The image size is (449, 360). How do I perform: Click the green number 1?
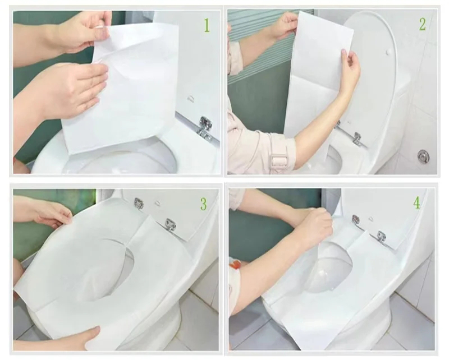207,25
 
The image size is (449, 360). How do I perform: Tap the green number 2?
423,24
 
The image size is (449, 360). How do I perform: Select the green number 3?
203,204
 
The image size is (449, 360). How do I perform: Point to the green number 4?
416,202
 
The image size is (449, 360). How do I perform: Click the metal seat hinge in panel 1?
205,128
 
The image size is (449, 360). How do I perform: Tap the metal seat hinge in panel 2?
357,139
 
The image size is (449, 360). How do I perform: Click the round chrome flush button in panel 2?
423,156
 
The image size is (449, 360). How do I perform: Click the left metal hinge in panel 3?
139,204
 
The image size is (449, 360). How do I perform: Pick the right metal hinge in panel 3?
170,224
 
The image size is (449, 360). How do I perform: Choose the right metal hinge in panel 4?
381,237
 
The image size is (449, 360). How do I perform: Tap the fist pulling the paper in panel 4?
314,226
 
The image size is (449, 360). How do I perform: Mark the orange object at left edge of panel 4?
236,264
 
